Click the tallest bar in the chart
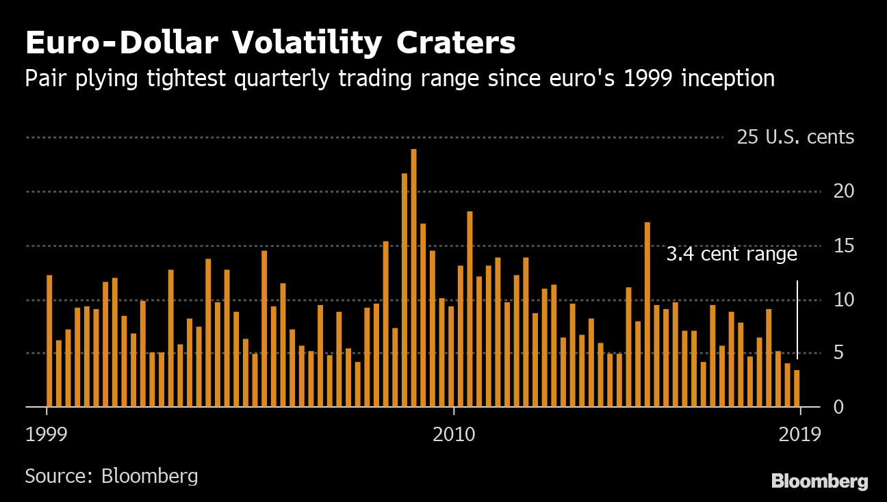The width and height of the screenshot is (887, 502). (413, 278)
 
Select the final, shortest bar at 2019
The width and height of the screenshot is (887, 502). (797, 388)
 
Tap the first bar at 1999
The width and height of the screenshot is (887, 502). (49, 341)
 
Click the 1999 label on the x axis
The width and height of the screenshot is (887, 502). (47, 434)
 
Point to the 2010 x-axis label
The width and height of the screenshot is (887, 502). (454, 434)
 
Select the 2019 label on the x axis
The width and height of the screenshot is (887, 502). (800, 434)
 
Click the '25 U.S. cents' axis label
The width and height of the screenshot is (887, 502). (795, 137)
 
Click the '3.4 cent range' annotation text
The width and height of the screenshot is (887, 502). (732, 254)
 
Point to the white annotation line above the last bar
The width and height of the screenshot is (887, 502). (797, 318)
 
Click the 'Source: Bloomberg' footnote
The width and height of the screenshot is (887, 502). (112, 476)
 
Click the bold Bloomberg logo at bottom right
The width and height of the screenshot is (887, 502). (819, 481)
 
